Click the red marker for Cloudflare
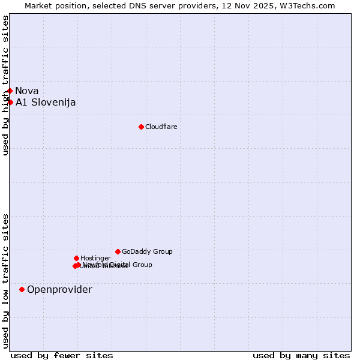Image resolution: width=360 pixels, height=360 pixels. coord(141,127)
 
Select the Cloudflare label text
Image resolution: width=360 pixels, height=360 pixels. coord(161,127)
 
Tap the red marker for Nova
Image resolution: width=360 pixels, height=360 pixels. coord(10,91)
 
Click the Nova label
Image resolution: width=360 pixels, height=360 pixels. coord(27,91)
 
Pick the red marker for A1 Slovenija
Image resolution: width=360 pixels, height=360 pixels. coord(10,102)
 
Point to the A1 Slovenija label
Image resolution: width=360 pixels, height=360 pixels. coord(46,102)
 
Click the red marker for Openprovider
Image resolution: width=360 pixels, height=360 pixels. coord(22,289)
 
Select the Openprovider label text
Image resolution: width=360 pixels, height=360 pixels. coord(59,289)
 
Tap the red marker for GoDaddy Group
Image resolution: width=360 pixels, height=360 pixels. coord(118,251)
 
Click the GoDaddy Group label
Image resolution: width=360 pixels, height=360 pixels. coord(147,251)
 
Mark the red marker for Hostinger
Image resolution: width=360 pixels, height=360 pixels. coord(76,258)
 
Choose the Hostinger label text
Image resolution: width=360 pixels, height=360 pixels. coord(95,258)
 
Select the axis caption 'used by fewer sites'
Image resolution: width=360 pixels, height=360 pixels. coord(62,355)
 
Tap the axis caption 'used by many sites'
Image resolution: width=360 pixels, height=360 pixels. coord(301,355)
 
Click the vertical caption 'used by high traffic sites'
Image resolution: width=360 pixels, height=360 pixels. coord(5,85)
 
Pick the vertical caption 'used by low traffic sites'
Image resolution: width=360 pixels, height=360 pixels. coord(5,280)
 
